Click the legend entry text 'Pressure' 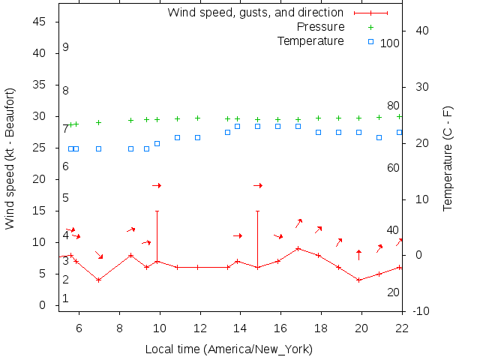coord(320,27)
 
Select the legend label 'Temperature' coord(310,40)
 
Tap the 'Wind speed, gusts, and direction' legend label coord(255,13)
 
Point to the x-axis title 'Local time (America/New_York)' coord(229,349)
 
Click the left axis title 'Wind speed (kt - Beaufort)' coord(10,158)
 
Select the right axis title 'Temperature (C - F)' coord(448,158)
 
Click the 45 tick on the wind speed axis coord(40,22)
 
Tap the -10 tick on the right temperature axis coord(421,311)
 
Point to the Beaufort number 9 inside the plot coord(66,47)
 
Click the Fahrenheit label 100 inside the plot coord(390,43)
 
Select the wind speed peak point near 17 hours coord(298,248)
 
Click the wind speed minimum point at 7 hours coord(98,280)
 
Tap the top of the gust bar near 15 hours coord(257,211)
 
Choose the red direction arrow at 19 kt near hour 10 coord(157,185)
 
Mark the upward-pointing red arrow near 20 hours coord(358,254)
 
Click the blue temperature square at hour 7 coord(98,148)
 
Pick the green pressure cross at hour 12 coord(197,118)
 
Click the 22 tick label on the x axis coord(402,327)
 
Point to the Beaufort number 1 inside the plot coord(66,298)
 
